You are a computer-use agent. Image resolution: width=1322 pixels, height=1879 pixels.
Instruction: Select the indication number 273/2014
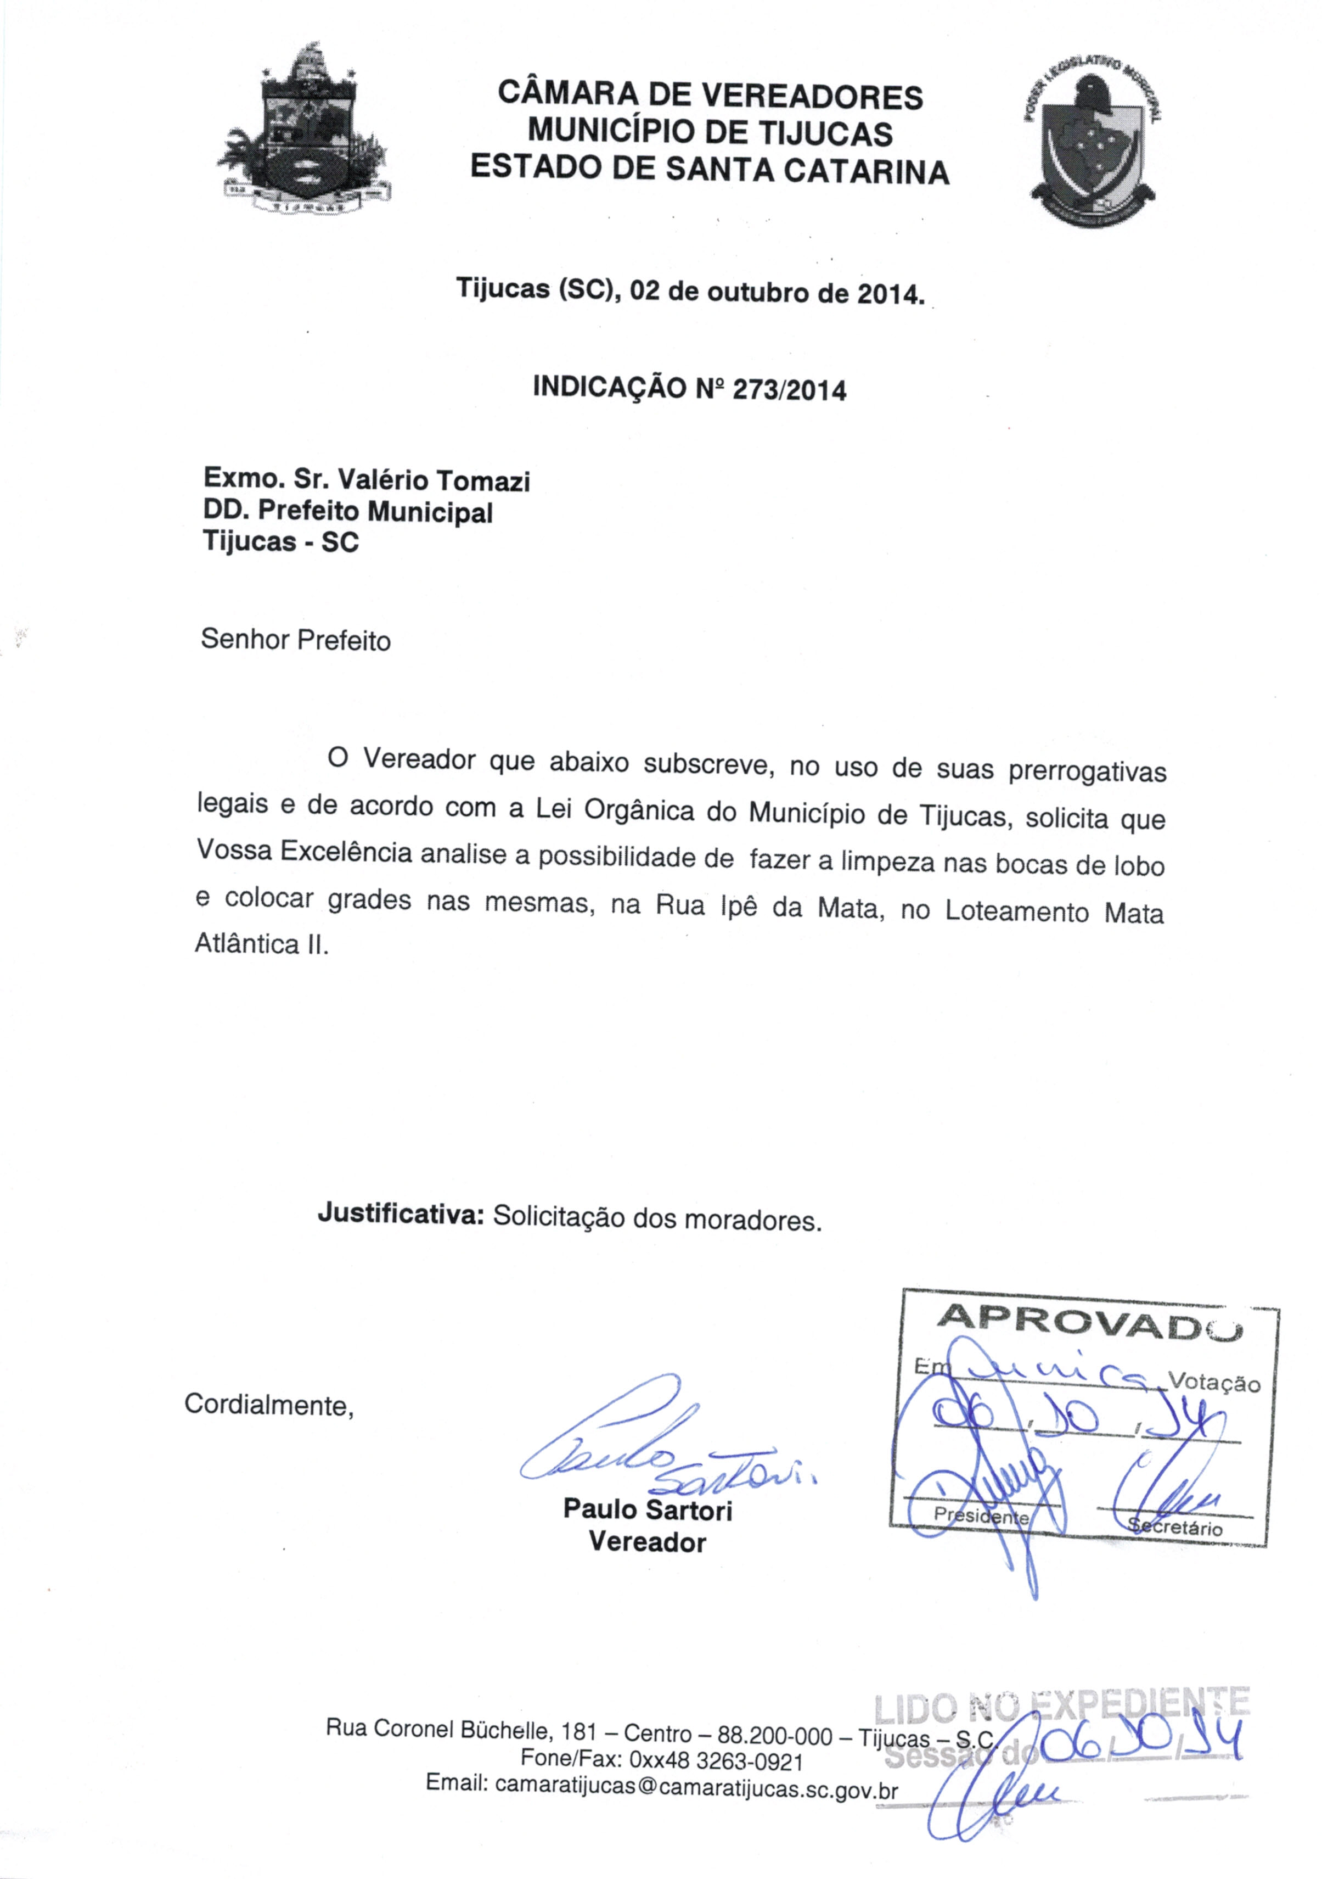pos(790,389)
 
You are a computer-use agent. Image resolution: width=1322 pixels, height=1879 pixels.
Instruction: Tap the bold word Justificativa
pos(401,1212)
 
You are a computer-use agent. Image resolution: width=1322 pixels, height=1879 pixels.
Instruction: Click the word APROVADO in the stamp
pos(1088,1319)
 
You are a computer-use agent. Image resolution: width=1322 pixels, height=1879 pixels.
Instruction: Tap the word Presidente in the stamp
pos(982,1515)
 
